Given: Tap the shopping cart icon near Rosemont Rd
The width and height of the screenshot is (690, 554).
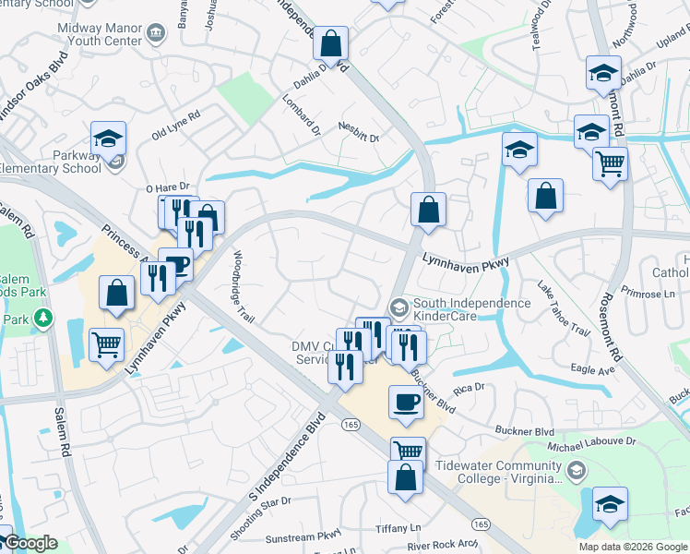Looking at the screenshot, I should point(610,163).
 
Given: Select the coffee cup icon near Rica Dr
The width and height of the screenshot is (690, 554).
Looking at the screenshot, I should point(406,402).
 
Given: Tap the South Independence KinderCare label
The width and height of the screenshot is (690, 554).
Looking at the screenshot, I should point(471,309).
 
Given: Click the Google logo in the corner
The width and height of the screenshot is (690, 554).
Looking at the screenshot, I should point(30,544).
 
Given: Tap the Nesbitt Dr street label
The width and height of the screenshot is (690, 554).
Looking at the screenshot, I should point(358,132).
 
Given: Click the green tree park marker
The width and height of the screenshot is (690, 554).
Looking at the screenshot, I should point(42,319).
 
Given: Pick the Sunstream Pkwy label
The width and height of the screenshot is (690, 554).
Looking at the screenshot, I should point(303,536).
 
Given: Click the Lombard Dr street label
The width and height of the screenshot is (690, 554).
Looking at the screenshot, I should point(301,115).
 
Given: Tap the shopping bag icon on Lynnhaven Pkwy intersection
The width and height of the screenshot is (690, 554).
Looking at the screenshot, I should point(428,210).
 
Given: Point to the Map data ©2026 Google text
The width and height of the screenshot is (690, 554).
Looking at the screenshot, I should point(633,547).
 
